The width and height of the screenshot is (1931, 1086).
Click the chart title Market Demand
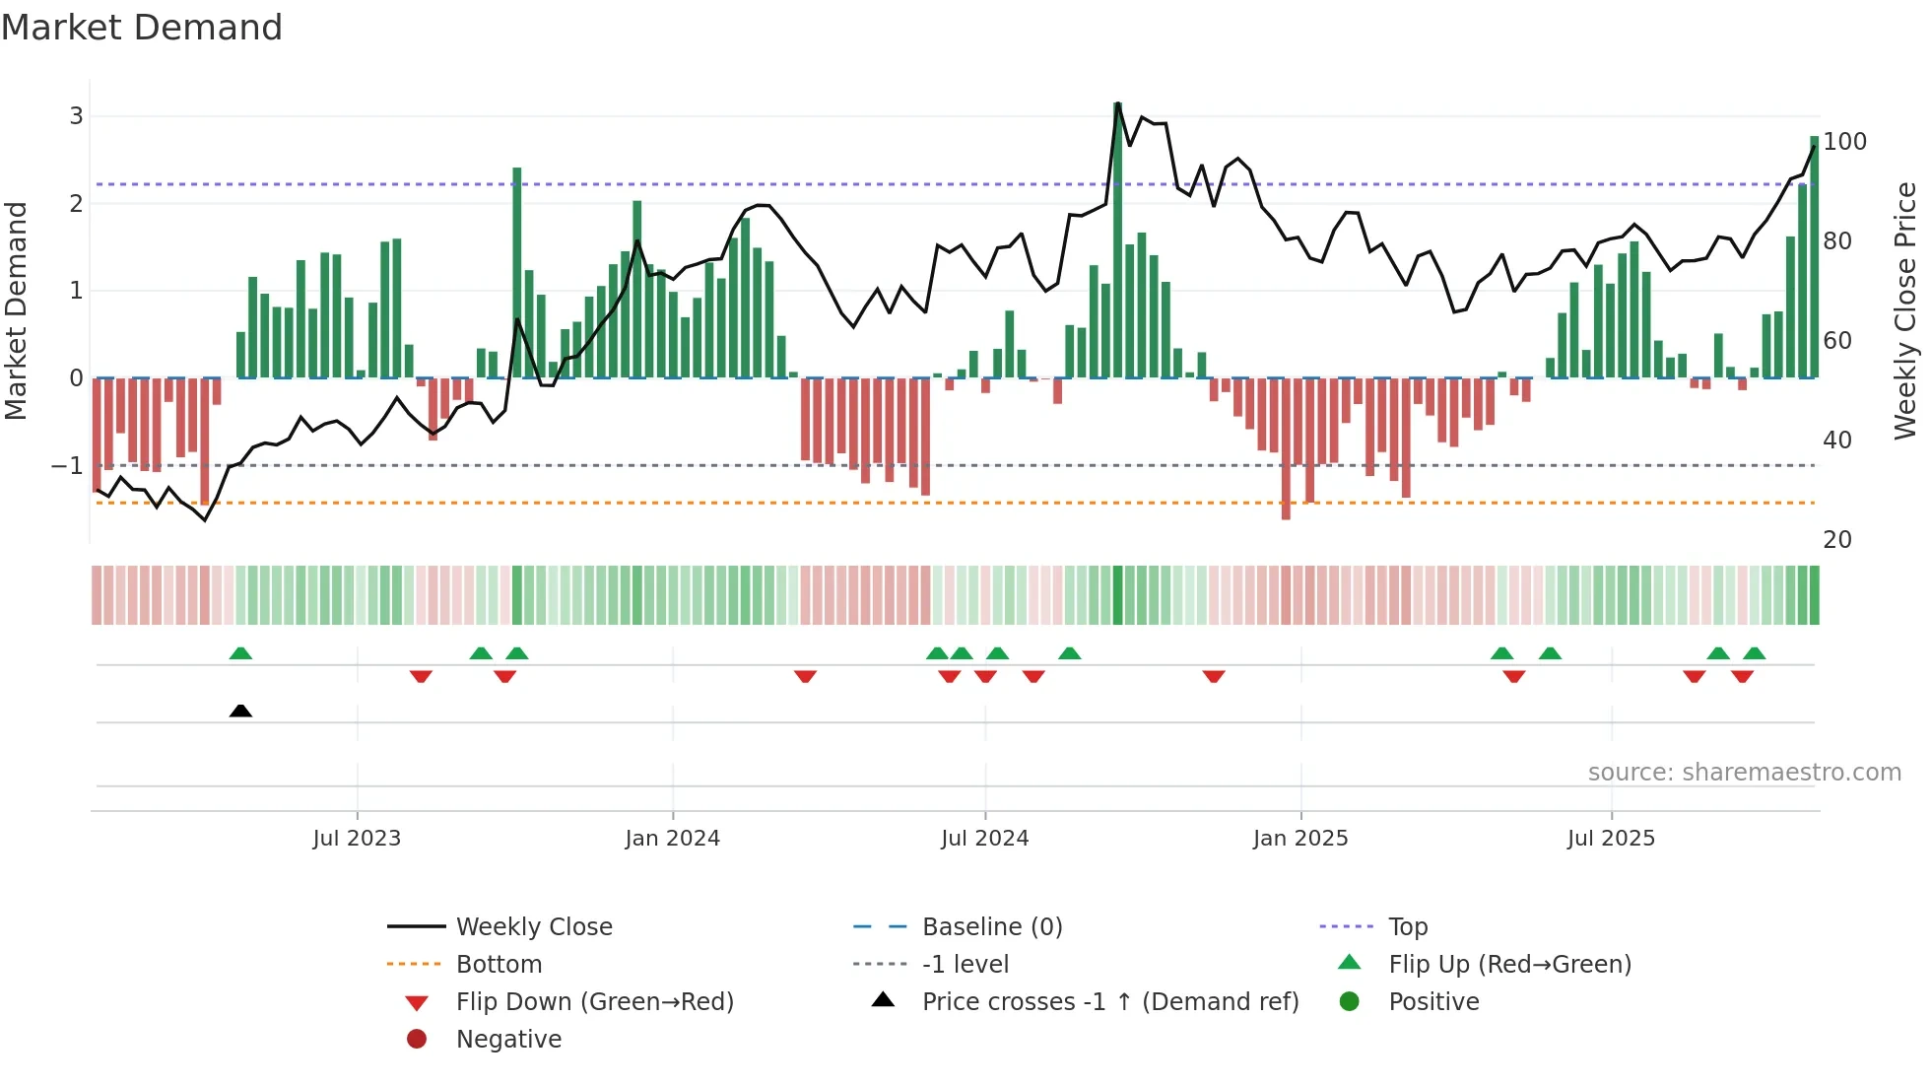click(142, 28)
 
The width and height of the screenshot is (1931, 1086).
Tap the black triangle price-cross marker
click(240, 711)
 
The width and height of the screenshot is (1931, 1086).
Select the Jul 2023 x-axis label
click(357, 839)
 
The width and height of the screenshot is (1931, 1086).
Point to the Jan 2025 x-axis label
click(1300, 839)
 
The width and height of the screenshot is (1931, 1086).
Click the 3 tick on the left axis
click(76, 116)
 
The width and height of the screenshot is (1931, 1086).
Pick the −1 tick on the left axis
click(68, 465)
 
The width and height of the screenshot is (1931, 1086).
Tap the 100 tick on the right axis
click(1844, 142)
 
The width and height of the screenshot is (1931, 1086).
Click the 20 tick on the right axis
click(1837, 540)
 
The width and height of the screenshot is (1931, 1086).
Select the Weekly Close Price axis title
click(1905, 310)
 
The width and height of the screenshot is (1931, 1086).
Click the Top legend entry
click(1408, 927)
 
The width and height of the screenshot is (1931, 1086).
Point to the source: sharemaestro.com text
click(1744, 773)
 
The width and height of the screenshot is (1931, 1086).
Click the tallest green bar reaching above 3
click(1117, 237)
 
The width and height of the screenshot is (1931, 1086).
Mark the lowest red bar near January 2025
click(1286, 448)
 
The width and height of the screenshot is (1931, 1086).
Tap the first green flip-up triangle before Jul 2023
click(240, 653)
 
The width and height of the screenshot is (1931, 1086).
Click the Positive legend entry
click(1433, 1002)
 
